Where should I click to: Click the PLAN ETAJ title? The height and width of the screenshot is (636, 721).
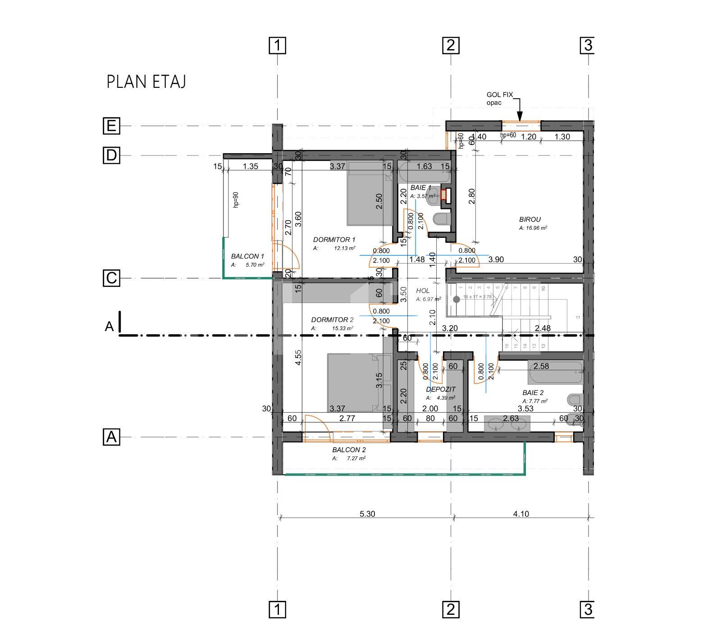[146, 82]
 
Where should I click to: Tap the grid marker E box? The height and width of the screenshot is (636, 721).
[111, 126]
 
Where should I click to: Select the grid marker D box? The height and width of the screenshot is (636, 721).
[111, 155]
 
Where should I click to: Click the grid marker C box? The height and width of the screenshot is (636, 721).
[111, 278]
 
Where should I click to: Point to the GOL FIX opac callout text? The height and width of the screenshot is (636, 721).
[499, 99]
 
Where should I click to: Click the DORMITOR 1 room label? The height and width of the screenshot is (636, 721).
[334, 240]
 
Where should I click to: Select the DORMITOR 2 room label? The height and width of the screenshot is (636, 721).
[332, 320]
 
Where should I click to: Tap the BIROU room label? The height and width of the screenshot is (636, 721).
[529, 219]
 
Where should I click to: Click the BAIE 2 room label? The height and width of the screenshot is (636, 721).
[533, 393]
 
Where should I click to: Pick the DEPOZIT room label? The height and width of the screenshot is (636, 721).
[441, 389]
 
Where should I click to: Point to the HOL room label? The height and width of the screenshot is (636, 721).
[423, 291]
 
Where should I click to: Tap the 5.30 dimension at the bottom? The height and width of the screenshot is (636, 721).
[367, 513]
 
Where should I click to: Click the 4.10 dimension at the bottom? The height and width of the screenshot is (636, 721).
[521, 513]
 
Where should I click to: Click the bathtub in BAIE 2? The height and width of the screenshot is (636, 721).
[556, 373]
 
